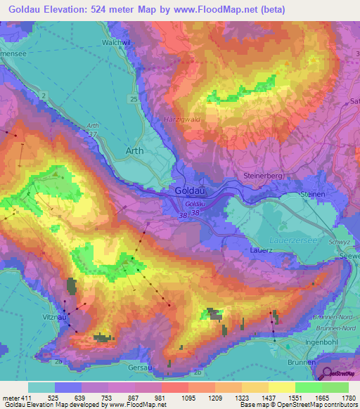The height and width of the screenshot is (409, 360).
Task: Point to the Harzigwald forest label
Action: (x=182, y=119)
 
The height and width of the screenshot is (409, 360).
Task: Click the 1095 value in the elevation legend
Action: (x=174, y=397)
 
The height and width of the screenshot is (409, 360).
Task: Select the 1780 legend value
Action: (x=347, y=397)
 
